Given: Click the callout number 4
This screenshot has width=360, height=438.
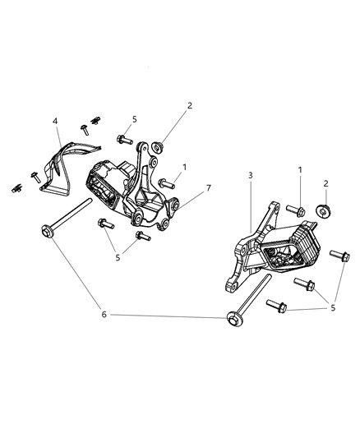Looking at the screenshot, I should pos(55,122).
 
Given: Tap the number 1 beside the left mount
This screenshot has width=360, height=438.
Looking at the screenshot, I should pos(185,167).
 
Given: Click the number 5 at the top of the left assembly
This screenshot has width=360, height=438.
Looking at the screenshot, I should pos(134,119).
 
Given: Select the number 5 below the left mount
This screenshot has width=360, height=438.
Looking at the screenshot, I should pos(117,256).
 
